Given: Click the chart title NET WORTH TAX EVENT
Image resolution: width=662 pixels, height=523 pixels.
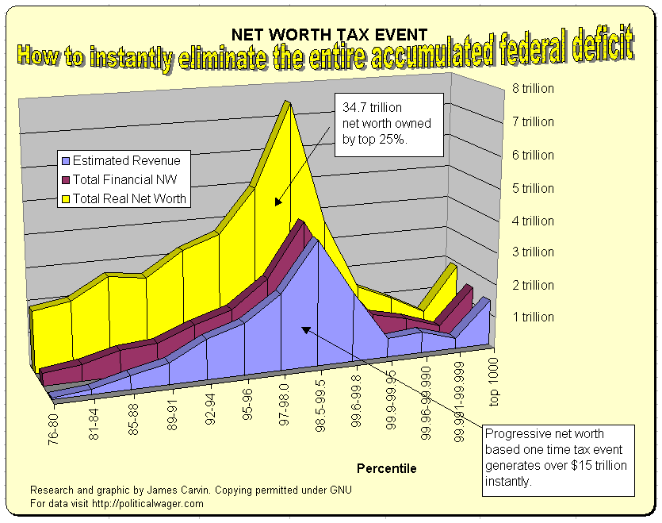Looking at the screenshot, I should [x=329, y=34].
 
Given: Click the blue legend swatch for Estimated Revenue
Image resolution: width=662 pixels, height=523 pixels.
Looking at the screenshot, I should [x=66, y=160].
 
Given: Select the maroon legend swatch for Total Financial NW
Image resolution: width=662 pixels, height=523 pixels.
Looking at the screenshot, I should [x=66, y=179].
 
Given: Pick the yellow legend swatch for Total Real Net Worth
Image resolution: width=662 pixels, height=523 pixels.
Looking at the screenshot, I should [x=66, y=198].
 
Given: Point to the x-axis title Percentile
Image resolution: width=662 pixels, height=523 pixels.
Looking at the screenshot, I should [x=386, y=468].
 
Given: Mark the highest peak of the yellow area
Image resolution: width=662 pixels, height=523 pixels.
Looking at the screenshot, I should [x=287, y=104].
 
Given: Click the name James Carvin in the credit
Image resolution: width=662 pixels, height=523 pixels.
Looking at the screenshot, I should [x=174, y=489].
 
